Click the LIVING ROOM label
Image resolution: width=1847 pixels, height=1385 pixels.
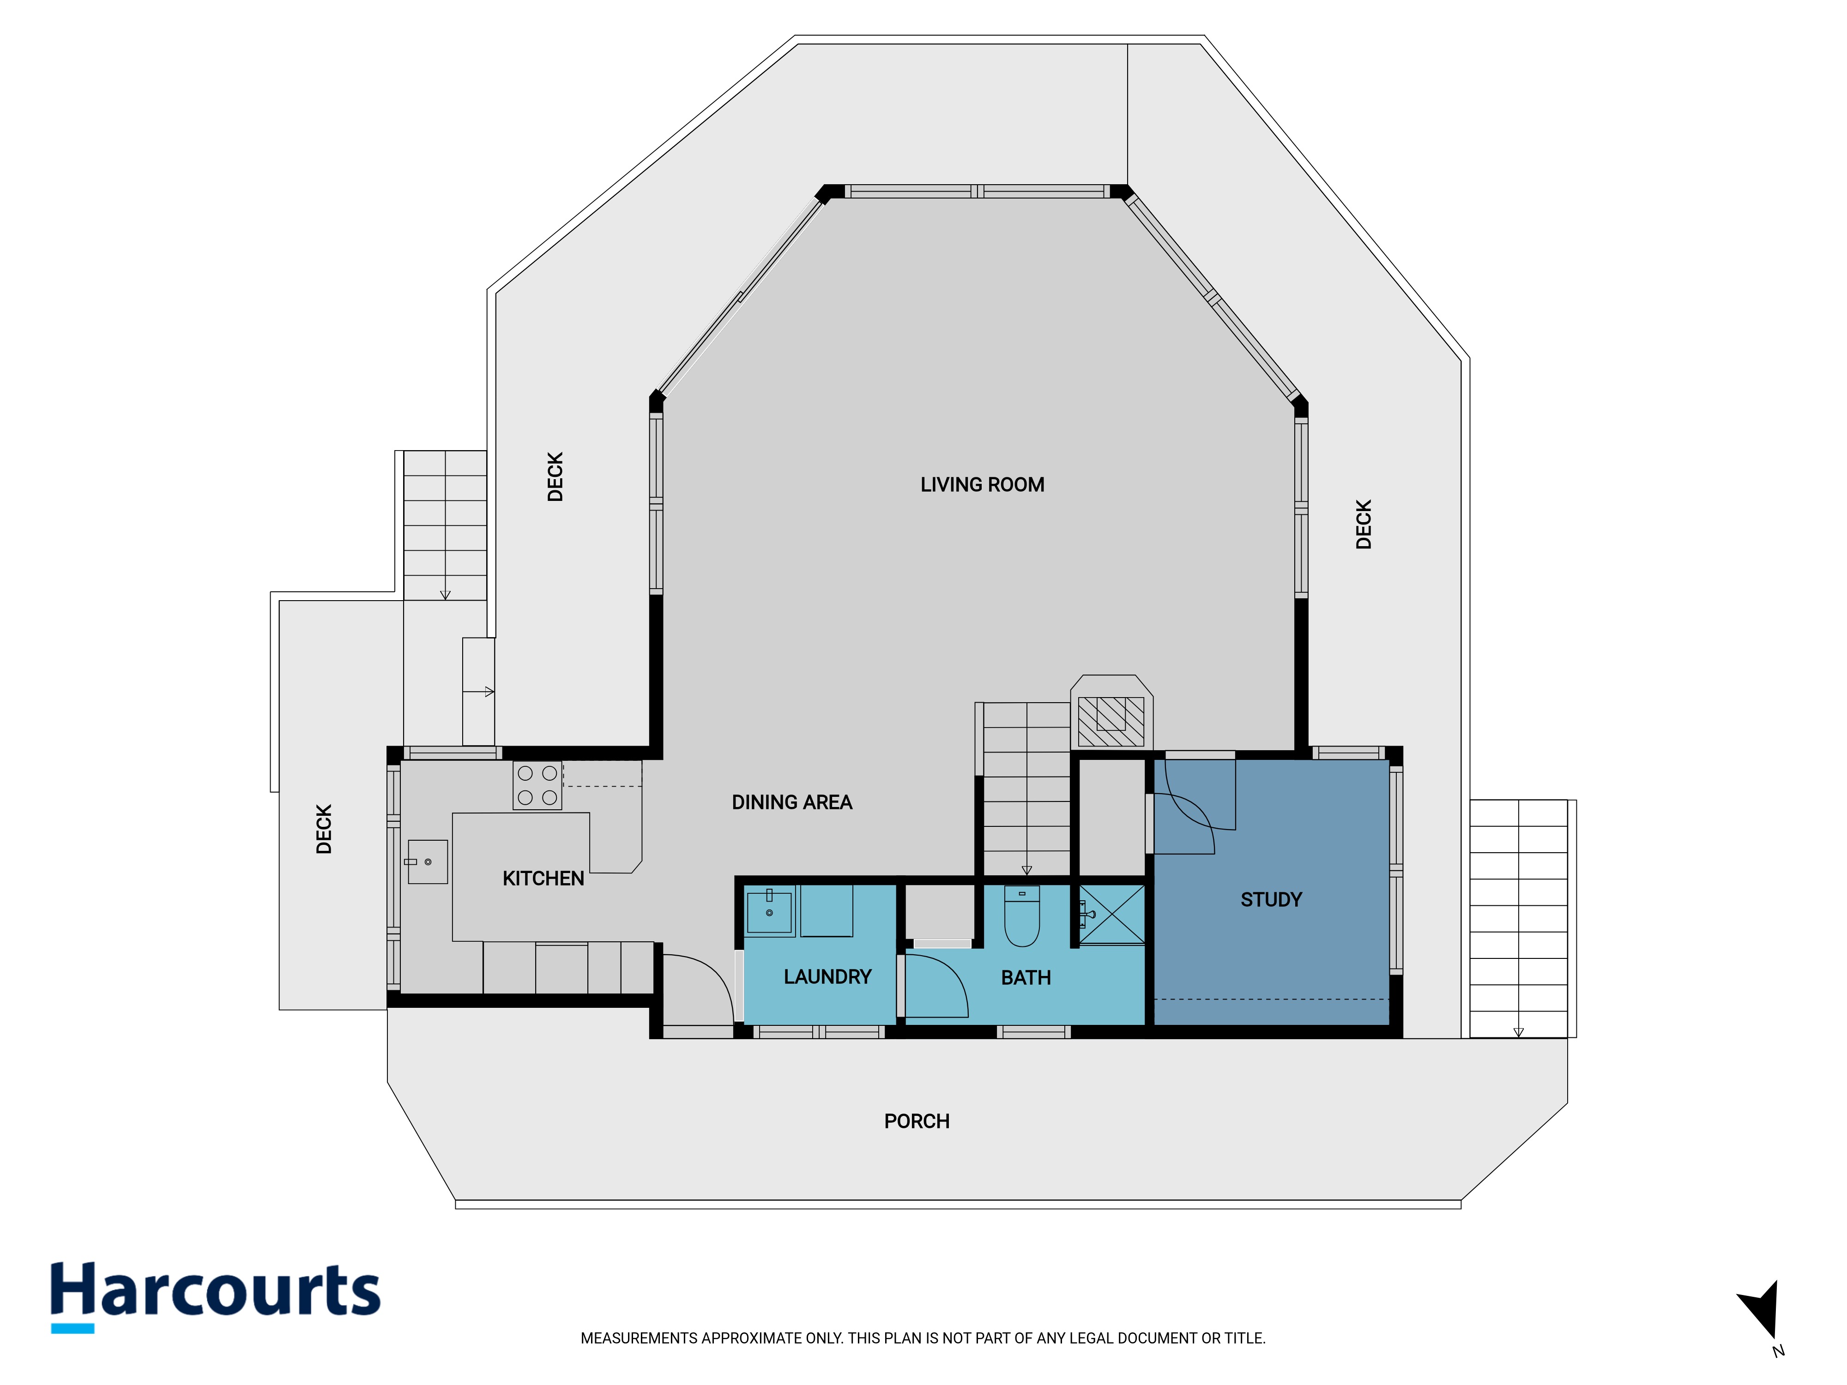pyautogui.click(x=982, y=485)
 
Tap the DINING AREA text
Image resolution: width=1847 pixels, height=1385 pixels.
pyautogui.click(x=791, y=802)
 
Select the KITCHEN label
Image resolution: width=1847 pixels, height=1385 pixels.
pyautogui.click(x=543, y=878)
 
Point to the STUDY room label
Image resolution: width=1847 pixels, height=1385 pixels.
pyautogui.click(x=1271, y=900)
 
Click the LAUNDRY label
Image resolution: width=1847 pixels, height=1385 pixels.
pyautogui.click(x=827, y=977)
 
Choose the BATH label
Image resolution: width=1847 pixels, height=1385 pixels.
pyautogui.click(x=1026, y=978)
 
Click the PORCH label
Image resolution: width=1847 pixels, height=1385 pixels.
pyautogui.click(x=917, y=1121)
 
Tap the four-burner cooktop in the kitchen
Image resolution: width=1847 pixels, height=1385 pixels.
pyautogui.click(x=537, y=786)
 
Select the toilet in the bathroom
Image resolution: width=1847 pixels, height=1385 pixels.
pyautogui.click(x=1021, y=916)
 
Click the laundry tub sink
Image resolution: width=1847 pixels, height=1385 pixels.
pyautogui.click(x=769, y=912)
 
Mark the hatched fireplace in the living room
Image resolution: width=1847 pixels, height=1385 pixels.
pyautogui.click(x=1111, y=721)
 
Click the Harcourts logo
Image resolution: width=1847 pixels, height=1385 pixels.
pyautogui.click(x=216, y=1295)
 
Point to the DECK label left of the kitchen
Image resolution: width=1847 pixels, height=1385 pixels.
pyautogui.click(x=324, y=829)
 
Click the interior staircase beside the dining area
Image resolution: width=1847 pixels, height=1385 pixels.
pyautogui.click(x=1026, y=789)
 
